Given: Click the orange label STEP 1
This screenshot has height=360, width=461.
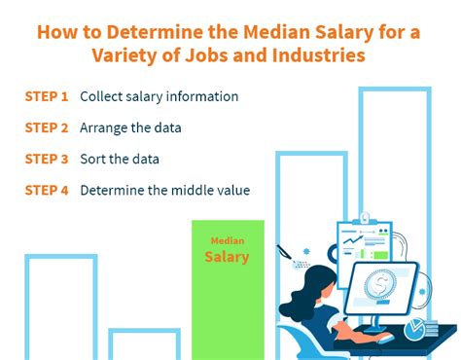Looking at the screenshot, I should coord(47,97).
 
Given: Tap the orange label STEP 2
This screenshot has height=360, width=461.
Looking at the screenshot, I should coord(47,128).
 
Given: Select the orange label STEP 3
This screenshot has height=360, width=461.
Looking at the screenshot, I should coord(47,160).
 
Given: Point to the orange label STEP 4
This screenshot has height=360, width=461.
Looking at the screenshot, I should coord(47,191).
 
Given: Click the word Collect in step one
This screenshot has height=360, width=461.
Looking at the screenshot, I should coord(103,97).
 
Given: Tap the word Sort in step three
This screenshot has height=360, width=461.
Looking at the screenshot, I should coord(93,160).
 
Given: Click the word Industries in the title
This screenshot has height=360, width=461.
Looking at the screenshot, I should coord(320,55).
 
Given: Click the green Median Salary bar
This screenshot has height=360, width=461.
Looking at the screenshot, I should coord(227,292).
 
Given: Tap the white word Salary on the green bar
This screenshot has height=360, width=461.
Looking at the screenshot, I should coord(227,258).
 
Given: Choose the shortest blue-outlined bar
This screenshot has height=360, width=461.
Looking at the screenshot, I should coord(144,343).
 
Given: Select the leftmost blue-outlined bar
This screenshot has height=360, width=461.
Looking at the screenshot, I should coord(60,306).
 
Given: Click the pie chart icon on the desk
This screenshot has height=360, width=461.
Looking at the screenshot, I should coord(420,330).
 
